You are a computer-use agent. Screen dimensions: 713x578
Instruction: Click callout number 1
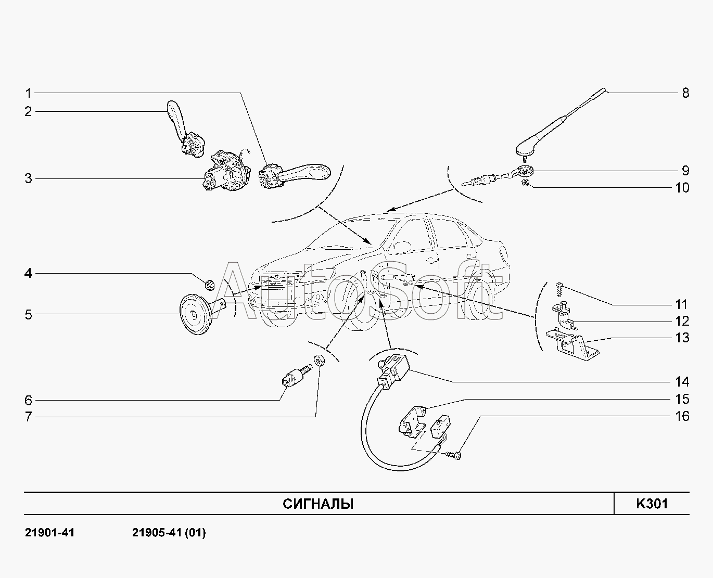click(29, 94)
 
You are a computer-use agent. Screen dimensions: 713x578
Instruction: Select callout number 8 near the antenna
click(685, 93)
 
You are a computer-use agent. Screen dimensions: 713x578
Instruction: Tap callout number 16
click(682, 416)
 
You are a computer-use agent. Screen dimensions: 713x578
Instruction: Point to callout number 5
click(29, 315)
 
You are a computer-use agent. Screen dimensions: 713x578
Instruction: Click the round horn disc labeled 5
click(194, 315)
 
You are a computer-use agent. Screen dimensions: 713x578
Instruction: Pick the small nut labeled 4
click(210, 285)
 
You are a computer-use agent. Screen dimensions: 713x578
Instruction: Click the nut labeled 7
click(319, 359)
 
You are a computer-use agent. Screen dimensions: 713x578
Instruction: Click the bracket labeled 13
click(570, 344)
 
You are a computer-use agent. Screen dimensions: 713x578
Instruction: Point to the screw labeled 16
click(455, 456)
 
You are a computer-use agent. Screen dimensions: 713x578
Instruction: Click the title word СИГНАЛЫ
click(318, 504)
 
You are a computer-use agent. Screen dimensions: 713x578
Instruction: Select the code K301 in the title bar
click(651, 504)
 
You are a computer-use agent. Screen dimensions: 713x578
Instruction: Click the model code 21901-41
click(49, 533)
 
